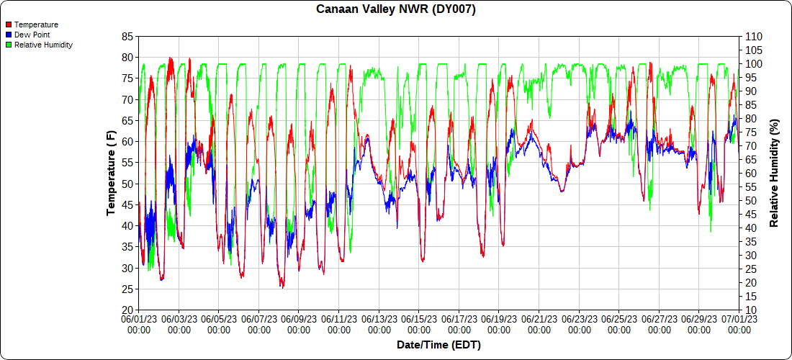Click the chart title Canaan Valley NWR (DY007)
[395, 9]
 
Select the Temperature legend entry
[36, 24]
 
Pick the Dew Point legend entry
[32, 35]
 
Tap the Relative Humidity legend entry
[43, 45]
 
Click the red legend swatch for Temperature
[9, 24]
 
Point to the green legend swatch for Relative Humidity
[9, 45]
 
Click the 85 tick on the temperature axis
[127, 36]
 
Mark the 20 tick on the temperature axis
[127, 310]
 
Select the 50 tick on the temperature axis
[127, 184]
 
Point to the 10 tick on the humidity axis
[751, 310]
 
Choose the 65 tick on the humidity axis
[751, 160]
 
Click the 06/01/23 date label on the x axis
[139, 323]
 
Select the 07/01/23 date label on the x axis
[739, 323]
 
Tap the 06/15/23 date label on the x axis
[419, 323]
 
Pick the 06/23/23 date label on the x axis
[580, 323]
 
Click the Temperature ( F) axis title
[111, 173]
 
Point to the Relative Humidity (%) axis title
[775, 173]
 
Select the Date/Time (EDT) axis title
[438, 345]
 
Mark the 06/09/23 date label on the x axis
[299, 323]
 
